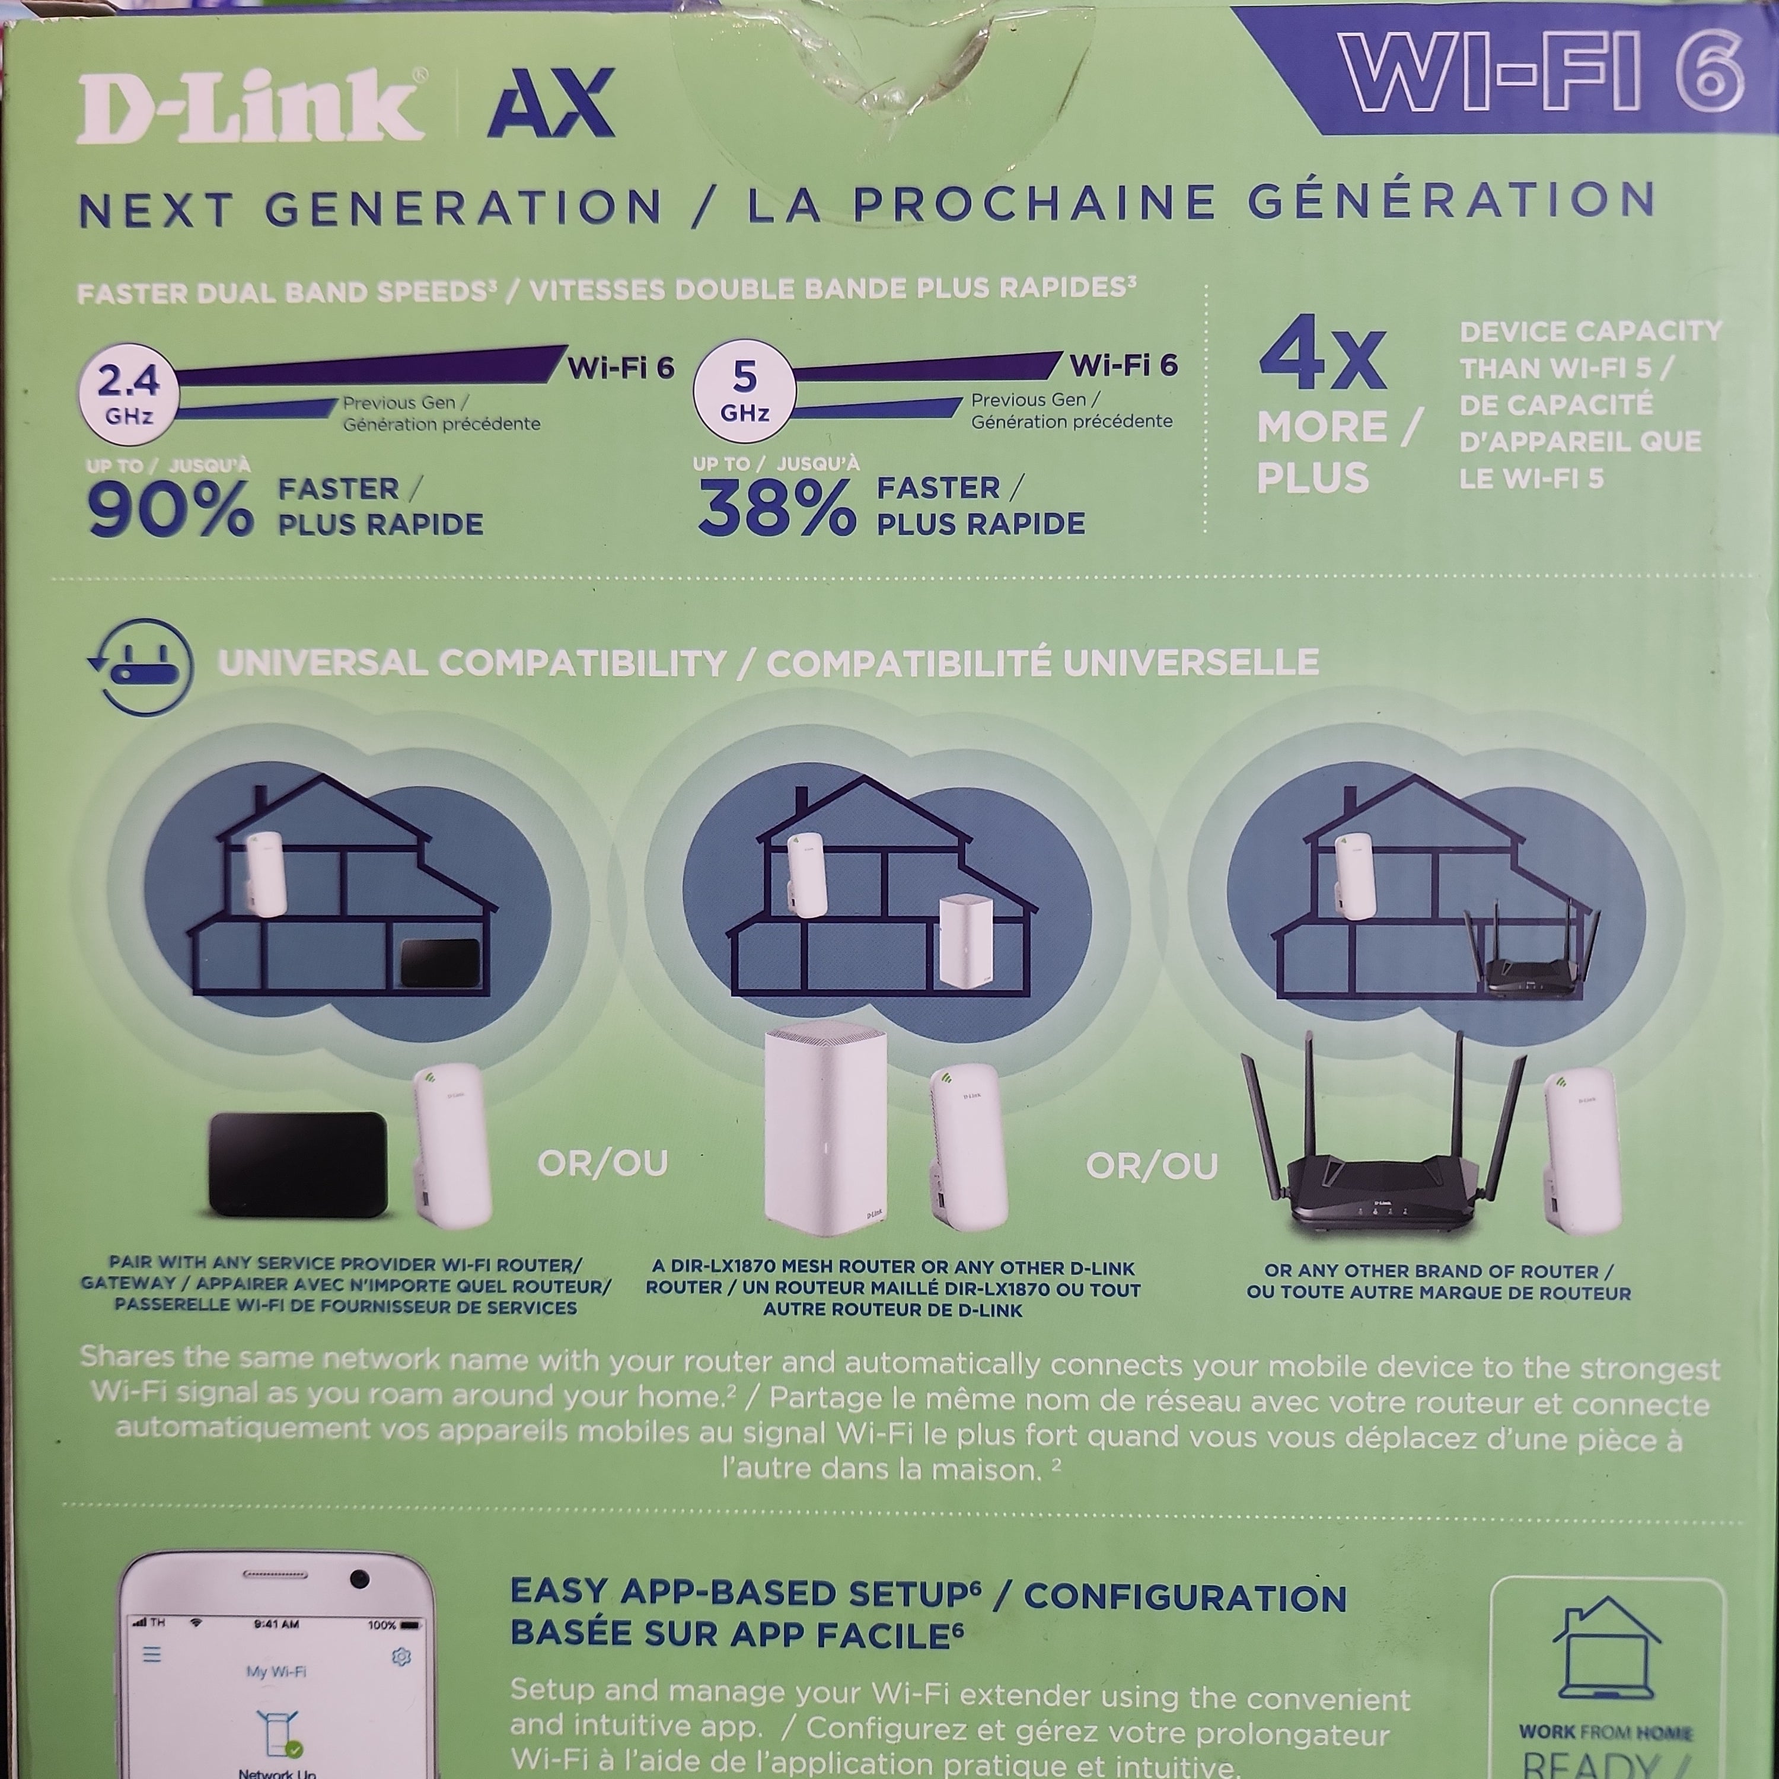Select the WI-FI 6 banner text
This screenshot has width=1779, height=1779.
tap(1539, 73)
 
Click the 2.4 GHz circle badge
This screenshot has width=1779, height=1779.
tap(129, 394)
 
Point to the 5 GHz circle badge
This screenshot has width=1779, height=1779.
tap(744, 391)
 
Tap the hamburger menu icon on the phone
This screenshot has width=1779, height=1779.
tap(152, 1654)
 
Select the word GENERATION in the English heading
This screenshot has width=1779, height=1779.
tap(463, 208)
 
